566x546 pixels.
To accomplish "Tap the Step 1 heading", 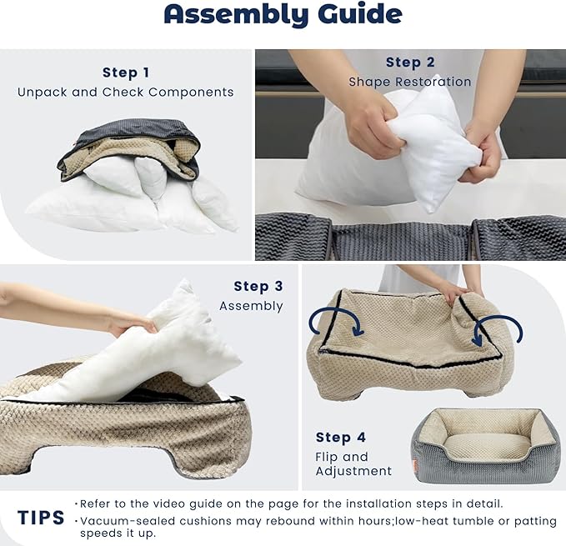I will pos(125,73).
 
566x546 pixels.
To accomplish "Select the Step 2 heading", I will pos(409,63).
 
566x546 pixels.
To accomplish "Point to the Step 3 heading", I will pos(258,287).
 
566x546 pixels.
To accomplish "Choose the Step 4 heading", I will pos(339,438).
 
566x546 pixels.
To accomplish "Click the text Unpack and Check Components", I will pos(125,93).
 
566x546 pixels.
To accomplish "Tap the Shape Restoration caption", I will pos(409,83).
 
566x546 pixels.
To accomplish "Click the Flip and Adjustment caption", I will pos(353,464).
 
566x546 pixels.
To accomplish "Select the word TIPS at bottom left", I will pos(41,518).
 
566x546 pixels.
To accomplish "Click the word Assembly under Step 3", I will pos(251,307).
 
